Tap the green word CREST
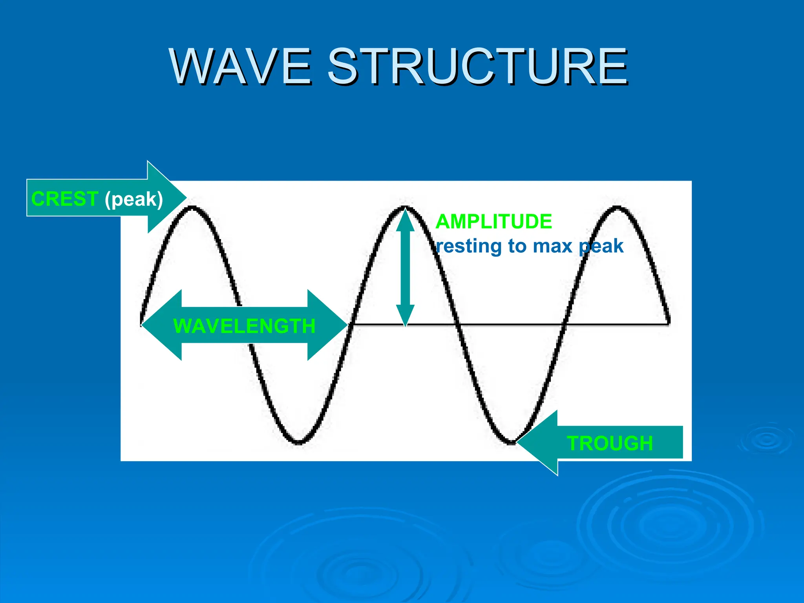pos(64,199)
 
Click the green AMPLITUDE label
pos(493,221)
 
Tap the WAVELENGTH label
pos(244,326)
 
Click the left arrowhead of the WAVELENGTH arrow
pos(155,325)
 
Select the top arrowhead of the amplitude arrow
pos(405,220)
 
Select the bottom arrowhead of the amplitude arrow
pos(405,316)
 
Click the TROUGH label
pos(610,443)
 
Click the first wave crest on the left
pos(192,208)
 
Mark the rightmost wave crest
pos(617,208)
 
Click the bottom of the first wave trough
pos(298,442)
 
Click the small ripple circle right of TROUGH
pos(767,440)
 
